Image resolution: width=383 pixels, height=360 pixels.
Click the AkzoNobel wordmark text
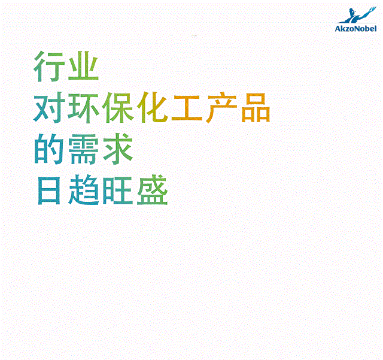pos(355,29)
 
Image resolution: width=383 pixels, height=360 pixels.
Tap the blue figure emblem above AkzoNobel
pos(357,15)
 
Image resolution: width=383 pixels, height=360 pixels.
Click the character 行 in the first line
pos(49,66)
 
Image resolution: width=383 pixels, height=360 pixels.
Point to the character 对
pos(49,108)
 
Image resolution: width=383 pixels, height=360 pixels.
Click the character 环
pos(84,108)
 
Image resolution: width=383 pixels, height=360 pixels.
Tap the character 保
pos(118,108)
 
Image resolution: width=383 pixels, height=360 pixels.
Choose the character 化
pos(153,107)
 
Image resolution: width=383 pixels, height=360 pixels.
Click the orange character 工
pos(187,108)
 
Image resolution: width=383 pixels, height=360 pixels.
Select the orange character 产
pos(221,107)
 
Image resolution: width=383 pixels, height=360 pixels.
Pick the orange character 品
pos(256,108)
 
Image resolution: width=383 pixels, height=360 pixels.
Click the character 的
pos(49,149)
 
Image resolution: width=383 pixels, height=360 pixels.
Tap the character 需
pos(83,149)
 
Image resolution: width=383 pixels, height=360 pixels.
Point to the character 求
pos(118,149)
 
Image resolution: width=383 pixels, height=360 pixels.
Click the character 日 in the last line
pos(49,190)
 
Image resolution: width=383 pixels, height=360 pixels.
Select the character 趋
pos(84,189)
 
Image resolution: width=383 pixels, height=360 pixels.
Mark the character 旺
pos(118,190)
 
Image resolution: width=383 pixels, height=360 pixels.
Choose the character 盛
pos(153,189)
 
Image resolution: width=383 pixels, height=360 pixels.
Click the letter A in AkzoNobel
pos(338,29)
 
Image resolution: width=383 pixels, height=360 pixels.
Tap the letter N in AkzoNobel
pos(357,29)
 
